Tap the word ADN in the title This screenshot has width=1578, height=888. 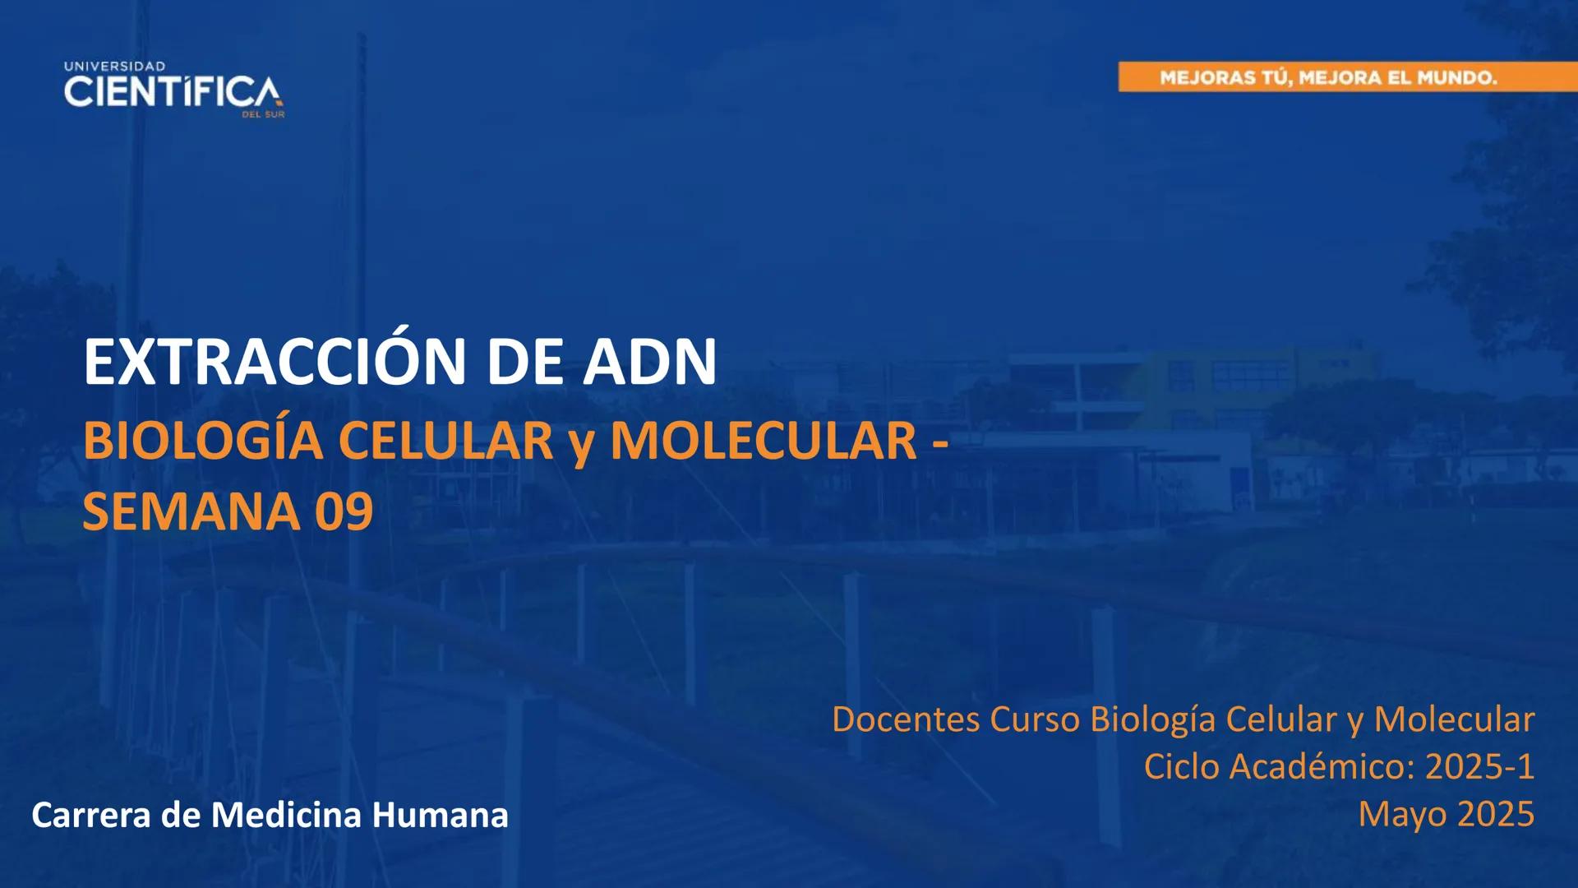pos(649,362)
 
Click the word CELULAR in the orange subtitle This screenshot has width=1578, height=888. pos(445,442)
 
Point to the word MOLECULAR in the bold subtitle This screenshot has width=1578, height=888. pos(763,442)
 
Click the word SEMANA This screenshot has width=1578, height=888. pos(191,512)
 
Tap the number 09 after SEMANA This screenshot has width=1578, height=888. pos(344,512)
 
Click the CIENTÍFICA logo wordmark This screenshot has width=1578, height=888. pos(172,92)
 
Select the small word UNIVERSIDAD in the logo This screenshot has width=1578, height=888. pos(114,66)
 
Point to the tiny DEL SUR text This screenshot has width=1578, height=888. pos(263,115)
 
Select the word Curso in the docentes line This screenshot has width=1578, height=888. pos(1035,719)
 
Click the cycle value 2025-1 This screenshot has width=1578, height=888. pos(1479,766)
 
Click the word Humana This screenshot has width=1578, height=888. pos(440,816)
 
